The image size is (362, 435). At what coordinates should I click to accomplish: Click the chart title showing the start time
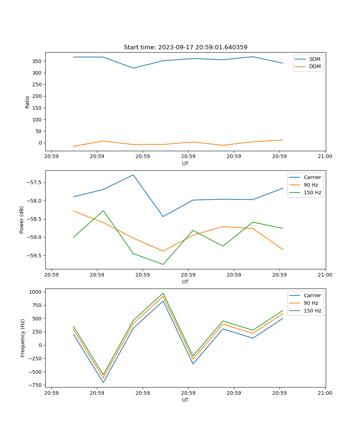(185, 47)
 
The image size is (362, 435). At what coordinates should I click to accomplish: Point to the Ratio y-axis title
(28, 102)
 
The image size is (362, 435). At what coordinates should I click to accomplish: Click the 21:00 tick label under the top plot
(325, 157)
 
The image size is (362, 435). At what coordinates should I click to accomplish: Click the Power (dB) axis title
(22, 220)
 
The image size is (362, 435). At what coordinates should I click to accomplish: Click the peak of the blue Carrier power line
(133, 175)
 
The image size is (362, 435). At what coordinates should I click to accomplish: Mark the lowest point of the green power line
(163, 264)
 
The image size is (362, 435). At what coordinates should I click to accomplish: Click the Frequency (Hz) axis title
(23, 338)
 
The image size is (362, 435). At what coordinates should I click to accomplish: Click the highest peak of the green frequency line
(163, 293)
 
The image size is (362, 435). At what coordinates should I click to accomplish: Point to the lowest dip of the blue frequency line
(103, 382)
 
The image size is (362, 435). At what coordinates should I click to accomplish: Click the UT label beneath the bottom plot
(185, 400)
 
